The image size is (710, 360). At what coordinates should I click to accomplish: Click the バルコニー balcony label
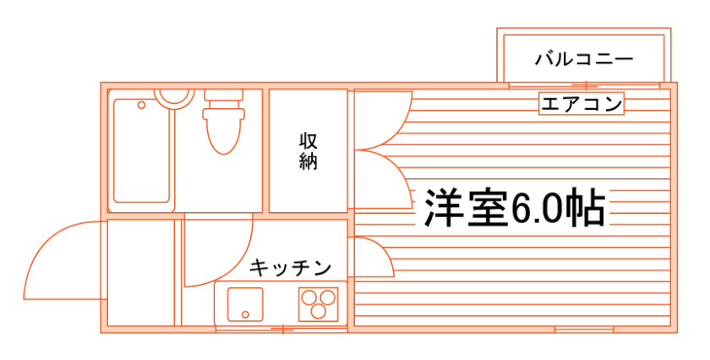point(585,59)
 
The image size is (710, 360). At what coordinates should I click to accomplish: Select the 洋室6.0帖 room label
point(514,208)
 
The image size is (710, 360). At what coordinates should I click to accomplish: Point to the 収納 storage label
point(309,150)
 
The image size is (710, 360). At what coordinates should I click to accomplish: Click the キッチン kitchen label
point(289,269)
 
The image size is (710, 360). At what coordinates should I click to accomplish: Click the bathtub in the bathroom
point(142,152)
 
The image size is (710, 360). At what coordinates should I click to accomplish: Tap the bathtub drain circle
point(141,106)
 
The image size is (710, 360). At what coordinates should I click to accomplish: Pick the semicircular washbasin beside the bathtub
point(174,95)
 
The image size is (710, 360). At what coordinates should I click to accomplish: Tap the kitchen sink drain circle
point(244,314)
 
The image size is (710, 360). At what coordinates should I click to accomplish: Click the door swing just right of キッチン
point(372,258)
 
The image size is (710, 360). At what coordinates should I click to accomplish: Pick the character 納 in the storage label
point(309,161)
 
